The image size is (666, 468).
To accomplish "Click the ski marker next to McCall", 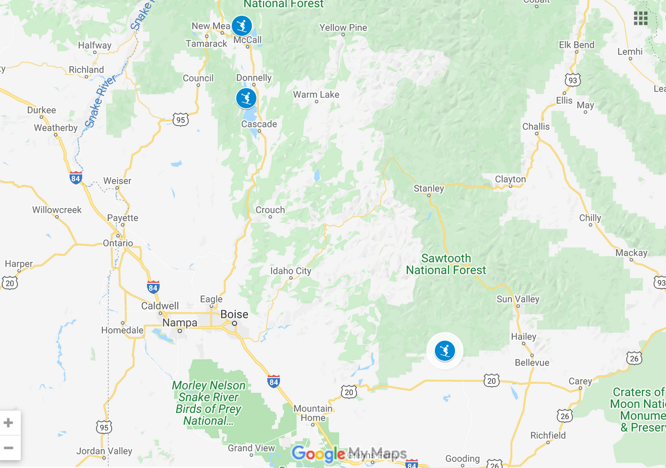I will pos(242,25).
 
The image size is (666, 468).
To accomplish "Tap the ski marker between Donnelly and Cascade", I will pos(246,99).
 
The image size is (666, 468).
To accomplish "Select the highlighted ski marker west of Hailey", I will pos(445,351).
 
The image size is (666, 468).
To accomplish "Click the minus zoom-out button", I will pos(8,448).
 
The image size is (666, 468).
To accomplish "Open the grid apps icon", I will pos(641,18).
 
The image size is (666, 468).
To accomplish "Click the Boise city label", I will pos(234,314).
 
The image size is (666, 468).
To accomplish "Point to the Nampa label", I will pos(180,323).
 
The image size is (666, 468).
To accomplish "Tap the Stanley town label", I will pos(429,189).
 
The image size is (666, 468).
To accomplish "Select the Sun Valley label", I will pos(518,299).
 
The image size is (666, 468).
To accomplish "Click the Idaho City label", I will pos(291,271).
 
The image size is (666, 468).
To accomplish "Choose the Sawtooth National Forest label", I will pos(446,264).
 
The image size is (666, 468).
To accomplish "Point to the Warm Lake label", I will pos(316,95).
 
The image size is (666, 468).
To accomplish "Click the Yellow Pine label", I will pos(343,27).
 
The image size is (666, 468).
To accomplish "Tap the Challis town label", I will pos(536,126).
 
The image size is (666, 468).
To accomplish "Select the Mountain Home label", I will pos(313,413).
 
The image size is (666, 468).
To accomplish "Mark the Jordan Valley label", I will pos(105,451).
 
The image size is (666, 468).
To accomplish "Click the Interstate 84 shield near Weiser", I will pos(76,178).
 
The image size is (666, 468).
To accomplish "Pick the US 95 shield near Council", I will pos(180,119).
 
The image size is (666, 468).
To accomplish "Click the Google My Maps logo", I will pos(349,453).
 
